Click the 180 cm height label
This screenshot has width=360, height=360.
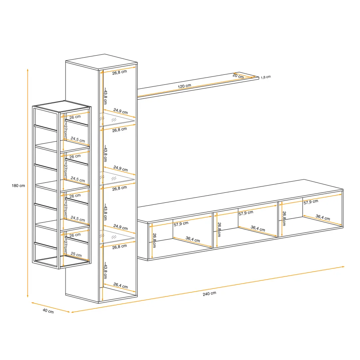tap(18, 186)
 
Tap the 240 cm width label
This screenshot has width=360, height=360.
tap(209, 294)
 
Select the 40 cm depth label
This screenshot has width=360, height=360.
tap(48, 311)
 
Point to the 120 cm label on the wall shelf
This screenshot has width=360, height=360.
tap(184, 86)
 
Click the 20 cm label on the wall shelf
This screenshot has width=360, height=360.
tap(238, 76)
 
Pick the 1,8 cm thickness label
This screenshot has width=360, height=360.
tap(266, 77)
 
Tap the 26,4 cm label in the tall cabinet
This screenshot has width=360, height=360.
tap(120, 285)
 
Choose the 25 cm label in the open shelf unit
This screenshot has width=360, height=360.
tap(76, 254)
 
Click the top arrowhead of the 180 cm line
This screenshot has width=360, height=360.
tap(28, 70)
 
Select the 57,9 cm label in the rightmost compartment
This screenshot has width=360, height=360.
tap(311, 202)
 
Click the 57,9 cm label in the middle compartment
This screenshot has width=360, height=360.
tap(246, 213)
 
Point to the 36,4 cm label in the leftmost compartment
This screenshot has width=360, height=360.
tap(193, 239)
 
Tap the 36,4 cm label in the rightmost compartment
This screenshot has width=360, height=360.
tap(323, 217)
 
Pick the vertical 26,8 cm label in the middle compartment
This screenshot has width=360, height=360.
tap(219, 230)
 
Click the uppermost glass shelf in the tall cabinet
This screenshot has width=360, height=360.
tap(117, 119)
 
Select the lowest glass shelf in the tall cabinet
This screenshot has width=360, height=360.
tap(117, 237)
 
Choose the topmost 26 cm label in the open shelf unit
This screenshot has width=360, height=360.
tap(75, 117)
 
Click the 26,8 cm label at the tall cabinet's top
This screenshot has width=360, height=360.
tap(120, 72)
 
